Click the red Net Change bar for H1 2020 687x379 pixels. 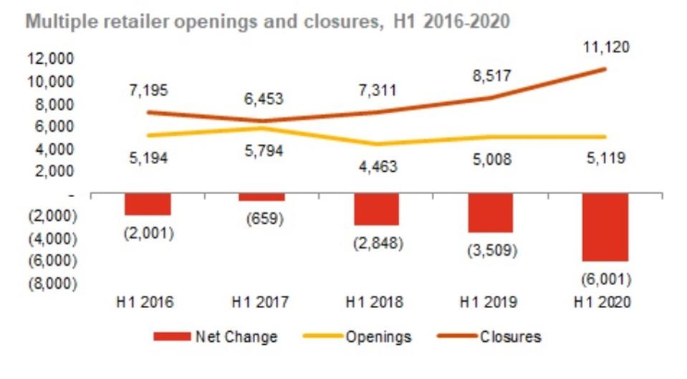605,228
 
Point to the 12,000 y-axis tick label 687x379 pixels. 51,59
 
